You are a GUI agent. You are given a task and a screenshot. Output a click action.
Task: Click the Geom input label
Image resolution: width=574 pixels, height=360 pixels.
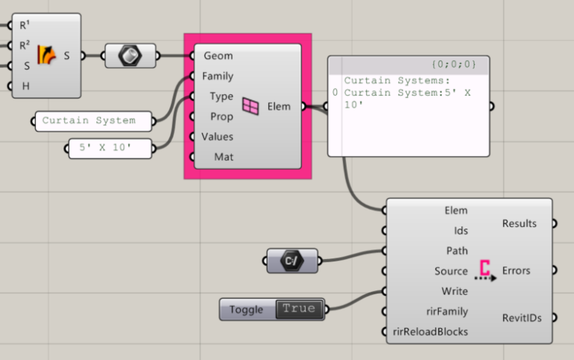pos(217,56)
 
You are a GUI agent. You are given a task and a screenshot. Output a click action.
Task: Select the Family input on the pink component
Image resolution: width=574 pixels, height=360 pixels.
pos(217,76)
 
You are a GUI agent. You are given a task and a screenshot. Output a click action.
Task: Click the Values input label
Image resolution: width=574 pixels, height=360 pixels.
pos(217,137)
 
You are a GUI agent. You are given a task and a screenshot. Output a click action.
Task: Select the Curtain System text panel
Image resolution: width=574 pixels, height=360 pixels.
pos(93,120)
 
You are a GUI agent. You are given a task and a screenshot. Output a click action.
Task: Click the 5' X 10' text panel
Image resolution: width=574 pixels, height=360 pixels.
pos(109,148)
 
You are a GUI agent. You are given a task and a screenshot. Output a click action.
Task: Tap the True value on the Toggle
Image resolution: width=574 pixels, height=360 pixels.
pos(299,309)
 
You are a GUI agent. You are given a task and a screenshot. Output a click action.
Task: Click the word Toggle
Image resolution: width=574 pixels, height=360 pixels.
pos(247,309)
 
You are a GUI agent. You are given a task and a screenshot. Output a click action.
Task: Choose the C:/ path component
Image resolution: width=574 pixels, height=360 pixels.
pos(291,261)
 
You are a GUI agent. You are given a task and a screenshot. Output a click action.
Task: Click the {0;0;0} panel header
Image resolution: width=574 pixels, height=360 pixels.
pos(454,65)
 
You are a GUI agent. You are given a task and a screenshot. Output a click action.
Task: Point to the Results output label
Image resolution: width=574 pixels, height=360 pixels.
pos(519,223)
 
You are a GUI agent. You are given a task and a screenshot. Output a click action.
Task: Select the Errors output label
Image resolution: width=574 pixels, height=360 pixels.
pos(516,270)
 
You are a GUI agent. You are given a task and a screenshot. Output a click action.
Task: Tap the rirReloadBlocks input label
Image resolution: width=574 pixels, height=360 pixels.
pos(430,332)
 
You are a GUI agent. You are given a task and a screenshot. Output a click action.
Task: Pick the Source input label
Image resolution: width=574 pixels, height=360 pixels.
pos(451,271)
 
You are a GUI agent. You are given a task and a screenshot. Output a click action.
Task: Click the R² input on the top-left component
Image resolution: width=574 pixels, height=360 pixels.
pos(24,45)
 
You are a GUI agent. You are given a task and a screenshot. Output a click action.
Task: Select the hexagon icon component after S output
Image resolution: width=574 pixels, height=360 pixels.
pos(130,55)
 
